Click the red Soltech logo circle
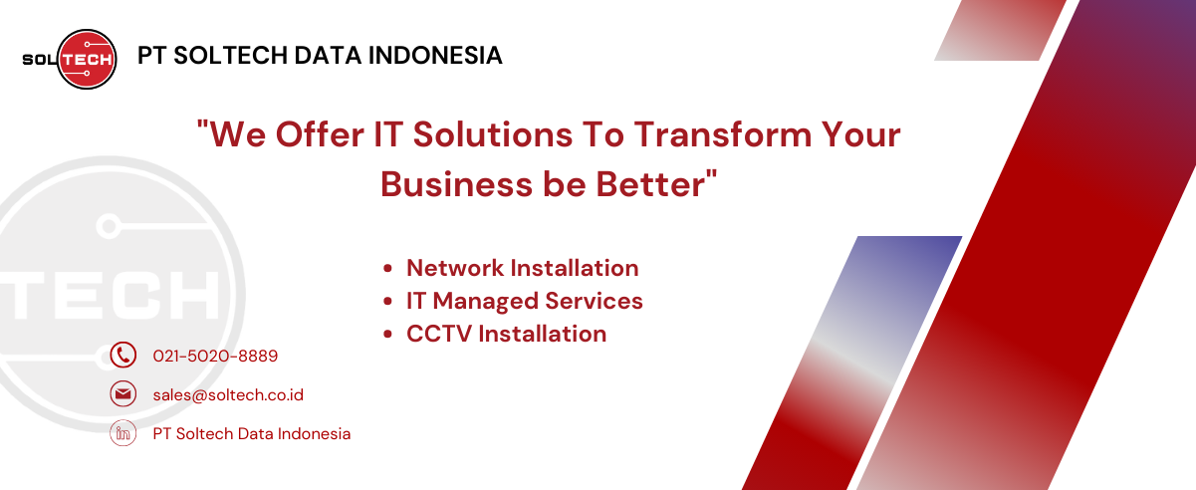pyautogui.click(x=87, y=59)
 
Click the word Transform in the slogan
pyautogui.click(x=722, y=134)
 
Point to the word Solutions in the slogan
pyautogui.click(x=493, y=134)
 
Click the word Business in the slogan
pyautogui.click(x=457, y=184)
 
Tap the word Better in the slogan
pyautogui.click(x=651, y=184)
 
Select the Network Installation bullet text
pyautogui.click(x=522, y=268)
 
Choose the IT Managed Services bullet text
pyautogui.click(x=525, y=301)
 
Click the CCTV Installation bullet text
pyautogui.click(x=506, y=335)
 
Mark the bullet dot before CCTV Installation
pyautogui.click(x=387, y=335)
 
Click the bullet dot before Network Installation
pyautogui.click(x=387, y=269)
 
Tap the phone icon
pyautogui.click(x=122, y=355)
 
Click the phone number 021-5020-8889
pyautogui.click(x=215, y=356)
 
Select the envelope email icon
pyautogui.click(x=122, y=394)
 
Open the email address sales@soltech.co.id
pyautogui.click(x=228, y=395)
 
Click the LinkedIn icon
pyautogui.click(x=122, y=433)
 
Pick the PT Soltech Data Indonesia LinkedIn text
pyautogui.click(x=252, y=434)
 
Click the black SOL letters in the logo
pyautogui.click(x=40, y=59)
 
